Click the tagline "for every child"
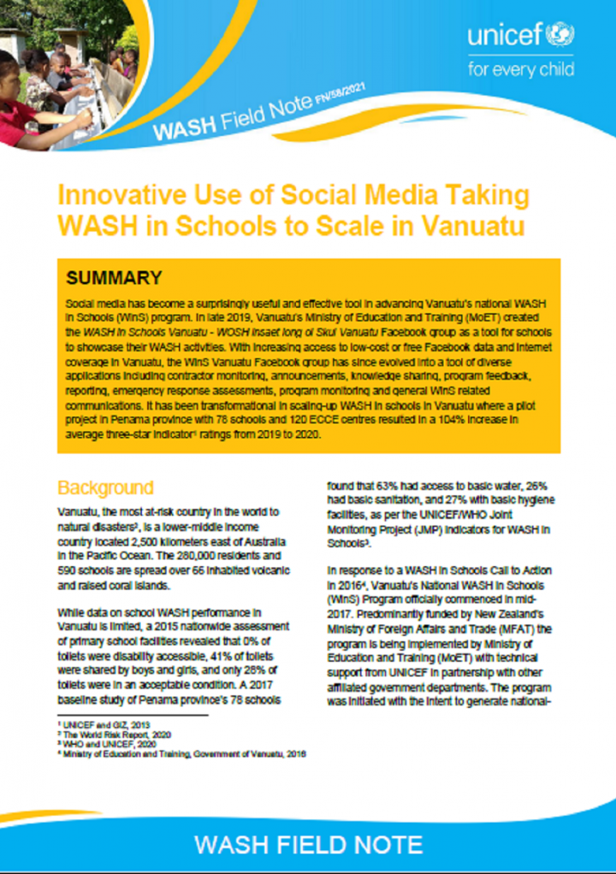pos(521,68)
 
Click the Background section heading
pos(104,488)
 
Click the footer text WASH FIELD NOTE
pos(308,844)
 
